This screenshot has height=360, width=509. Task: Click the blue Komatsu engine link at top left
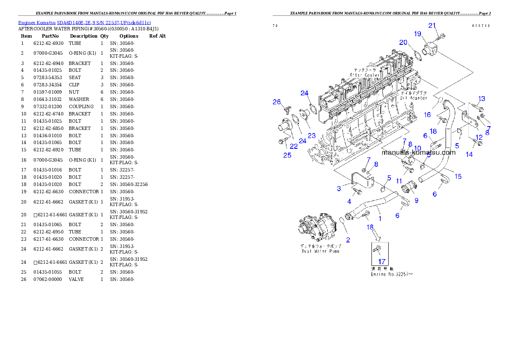point(84,22)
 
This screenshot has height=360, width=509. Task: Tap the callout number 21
point(432,25)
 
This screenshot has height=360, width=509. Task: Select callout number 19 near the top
point(417,34)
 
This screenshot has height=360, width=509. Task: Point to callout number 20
point(403,42)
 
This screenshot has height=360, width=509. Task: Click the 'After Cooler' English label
point(364,75)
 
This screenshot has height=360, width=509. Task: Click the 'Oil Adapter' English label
point(413,98)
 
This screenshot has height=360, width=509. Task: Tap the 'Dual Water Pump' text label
point(320,251)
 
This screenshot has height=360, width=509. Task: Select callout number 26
point(277,102)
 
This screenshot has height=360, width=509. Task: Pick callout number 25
point(287,155)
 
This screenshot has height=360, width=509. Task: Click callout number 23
point(311,136)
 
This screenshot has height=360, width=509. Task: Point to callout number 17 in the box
point(382,261)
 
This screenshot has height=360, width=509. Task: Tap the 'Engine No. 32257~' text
point(392,274)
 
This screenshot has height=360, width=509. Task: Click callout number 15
point(458,176)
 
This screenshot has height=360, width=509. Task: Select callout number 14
point(469,155)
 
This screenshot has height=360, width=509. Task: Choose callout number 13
point(482,99)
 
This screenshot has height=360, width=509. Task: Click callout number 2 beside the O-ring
point(348,240)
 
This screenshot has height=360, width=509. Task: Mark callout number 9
point(416,200)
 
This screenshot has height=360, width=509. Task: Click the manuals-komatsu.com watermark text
point(418,152)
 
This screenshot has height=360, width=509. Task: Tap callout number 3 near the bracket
point(338,189)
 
